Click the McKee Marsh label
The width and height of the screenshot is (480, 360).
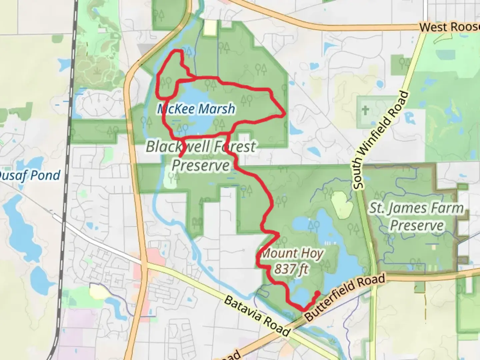(196, 109)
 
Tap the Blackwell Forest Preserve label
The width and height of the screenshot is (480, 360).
(201, 156)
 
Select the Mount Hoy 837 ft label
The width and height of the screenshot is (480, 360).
(291, 261)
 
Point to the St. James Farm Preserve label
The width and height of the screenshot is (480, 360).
(416, 217)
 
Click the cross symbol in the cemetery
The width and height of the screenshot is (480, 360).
(365, 110)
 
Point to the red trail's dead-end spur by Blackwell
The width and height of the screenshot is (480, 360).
(180, 156)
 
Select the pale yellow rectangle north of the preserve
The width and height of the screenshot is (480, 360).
(210, 27)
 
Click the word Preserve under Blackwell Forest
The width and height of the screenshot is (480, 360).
(201, 165)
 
